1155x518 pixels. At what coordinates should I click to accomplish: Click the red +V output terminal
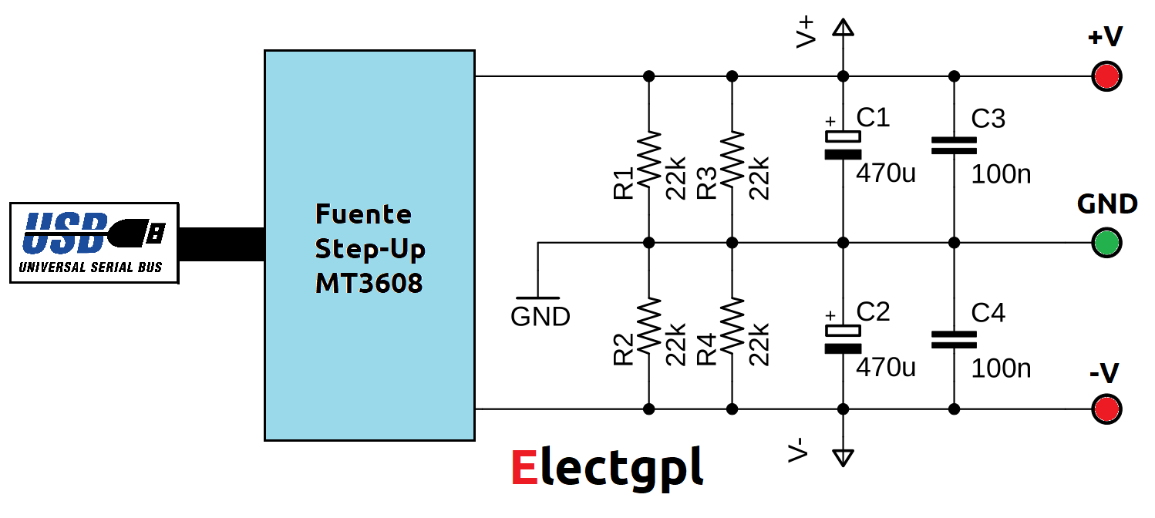[x=1107, y=76]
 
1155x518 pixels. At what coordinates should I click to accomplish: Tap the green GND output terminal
[x=1107, y=243]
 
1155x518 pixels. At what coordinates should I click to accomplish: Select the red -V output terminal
[x=1107, y=409]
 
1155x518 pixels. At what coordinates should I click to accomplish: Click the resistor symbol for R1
[x=649, y=159]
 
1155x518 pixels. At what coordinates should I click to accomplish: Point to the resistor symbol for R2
[x=649, y=325]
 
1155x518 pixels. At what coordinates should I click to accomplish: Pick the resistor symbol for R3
[x=732, y=159]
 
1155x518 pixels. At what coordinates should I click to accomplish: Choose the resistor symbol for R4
[x=732, y=325]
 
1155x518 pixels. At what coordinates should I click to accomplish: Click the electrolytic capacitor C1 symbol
[x=843, y=145]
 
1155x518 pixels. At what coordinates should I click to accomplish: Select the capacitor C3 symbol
[x=954, y=145]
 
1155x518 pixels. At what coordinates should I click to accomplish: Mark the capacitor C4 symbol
[x=954, y=339]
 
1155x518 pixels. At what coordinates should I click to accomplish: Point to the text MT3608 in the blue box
[x=369, y=284]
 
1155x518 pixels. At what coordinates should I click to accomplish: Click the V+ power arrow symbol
[x=843, y=29]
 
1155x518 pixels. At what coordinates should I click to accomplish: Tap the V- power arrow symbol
[x=843, y=456]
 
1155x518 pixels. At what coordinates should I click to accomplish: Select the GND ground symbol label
[x=540, y=316]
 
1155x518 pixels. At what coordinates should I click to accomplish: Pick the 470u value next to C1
[x=886, y=173]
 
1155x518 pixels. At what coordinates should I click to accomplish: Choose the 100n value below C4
[x=1001, y=368]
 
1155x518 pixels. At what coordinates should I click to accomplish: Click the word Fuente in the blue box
[x=364, y=214]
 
